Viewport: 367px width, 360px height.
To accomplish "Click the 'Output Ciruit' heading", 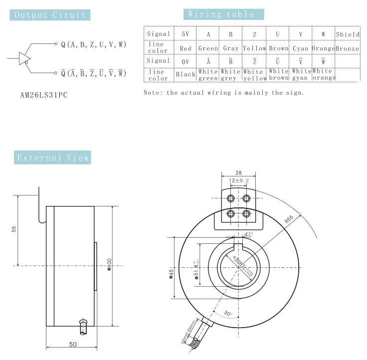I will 51,14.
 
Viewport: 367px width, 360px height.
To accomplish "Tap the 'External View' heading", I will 53,158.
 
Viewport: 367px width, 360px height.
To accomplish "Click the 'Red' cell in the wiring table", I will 185,49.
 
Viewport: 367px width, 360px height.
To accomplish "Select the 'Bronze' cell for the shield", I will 348,49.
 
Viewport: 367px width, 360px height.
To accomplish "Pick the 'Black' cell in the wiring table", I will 185,74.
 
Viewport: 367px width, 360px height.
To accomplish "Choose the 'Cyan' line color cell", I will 301,49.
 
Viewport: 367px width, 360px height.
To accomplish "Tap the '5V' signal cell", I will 185,34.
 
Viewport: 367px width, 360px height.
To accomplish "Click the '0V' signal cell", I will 185,61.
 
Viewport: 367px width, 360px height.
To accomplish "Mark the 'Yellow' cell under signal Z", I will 254,49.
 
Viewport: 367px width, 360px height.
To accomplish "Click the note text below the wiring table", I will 223,92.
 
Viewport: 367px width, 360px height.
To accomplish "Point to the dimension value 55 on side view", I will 13,229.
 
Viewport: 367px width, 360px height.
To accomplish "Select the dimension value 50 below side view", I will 72,345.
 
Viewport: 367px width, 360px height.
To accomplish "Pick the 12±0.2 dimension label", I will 238,180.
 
